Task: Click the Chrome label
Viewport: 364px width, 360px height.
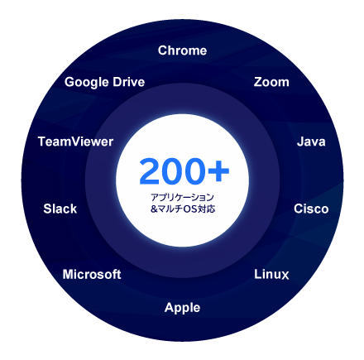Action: coord(182,50)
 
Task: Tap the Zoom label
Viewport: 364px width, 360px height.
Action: coord(271,82)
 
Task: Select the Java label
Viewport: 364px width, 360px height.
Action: coord(311,142)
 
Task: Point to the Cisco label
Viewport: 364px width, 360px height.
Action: coord(311,209)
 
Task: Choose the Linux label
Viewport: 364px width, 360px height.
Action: coord(271,274)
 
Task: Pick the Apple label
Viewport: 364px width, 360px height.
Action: coord(182,308)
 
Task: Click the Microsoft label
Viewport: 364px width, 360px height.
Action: coord(92,274)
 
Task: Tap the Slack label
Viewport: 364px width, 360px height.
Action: coord(60,209)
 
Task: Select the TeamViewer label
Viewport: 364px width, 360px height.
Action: coord(75,142)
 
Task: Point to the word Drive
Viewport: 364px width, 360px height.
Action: coord(129,82)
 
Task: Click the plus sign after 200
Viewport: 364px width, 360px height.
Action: coord(218,171)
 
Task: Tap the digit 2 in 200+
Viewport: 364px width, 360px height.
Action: coord(150,171)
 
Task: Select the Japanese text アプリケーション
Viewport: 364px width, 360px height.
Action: coord(182,197)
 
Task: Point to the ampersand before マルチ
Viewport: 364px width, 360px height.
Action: coord(154,209)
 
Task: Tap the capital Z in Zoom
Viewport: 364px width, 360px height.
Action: coord(258,82)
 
